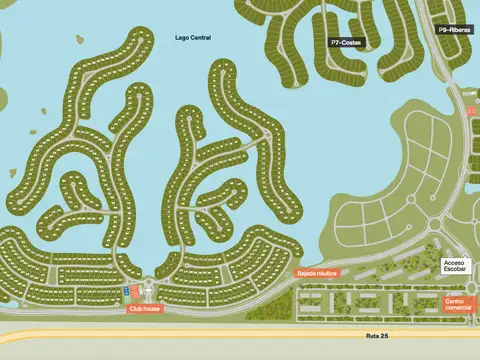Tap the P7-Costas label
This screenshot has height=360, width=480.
[346, 42]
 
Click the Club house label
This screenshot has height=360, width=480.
[144, 309]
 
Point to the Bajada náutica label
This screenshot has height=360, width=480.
[318, 272]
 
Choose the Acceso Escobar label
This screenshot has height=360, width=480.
[457, 268]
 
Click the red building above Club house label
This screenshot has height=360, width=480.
[135, 291]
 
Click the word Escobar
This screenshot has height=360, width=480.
[457, 272]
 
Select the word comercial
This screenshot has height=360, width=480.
[458, 308]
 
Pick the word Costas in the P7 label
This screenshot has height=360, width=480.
[351, 42]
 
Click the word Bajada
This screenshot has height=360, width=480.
[306, 272]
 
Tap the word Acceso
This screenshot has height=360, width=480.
[457, 263]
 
